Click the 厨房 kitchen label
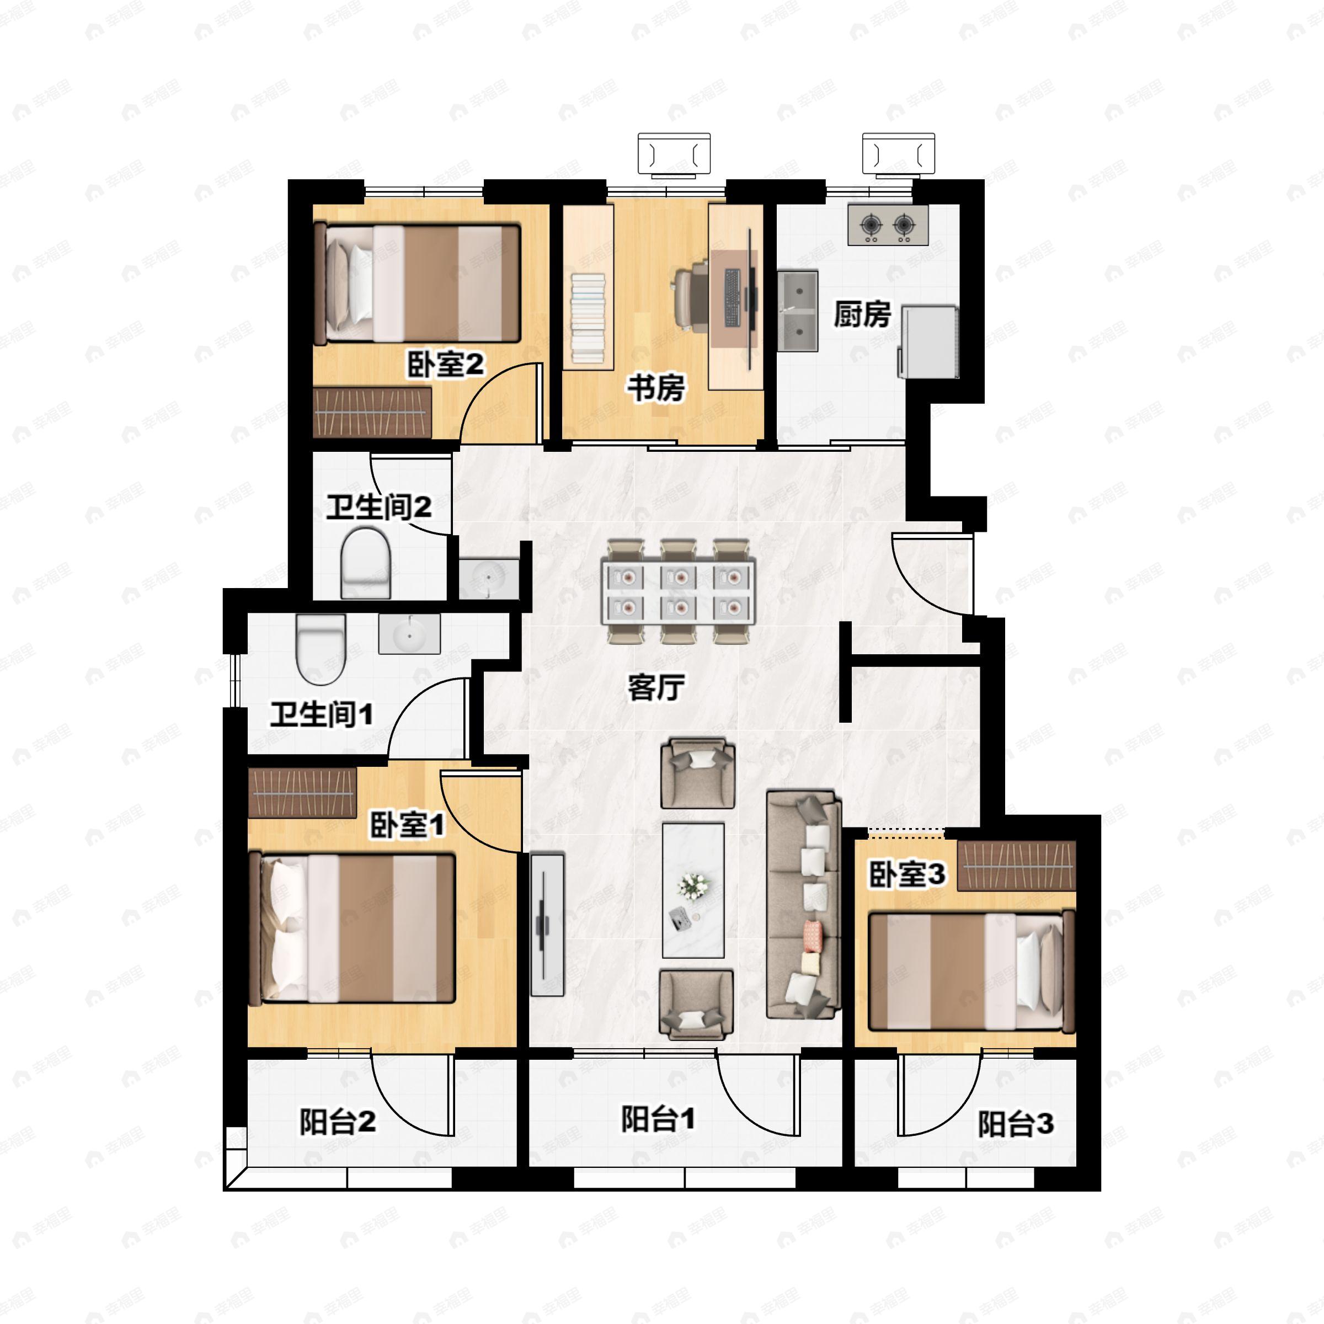(862, 314)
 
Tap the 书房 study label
(656, 388)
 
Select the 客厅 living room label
(656, 687)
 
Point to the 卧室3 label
(907, 874)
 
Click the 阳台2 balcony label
(337, 1122)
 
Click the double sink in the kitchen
(798, 311)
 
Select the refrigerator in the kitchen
(928, 342)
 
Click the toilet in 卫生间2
(366, 563)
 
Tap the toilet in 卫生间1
(320, 649)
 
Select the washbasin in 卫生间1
(410, 634)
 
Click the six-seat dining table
(679, 591)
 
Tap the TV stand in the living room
(548, 924)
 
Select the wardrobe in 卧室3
(1016, 866)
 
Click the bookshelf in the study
(588, 288)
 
